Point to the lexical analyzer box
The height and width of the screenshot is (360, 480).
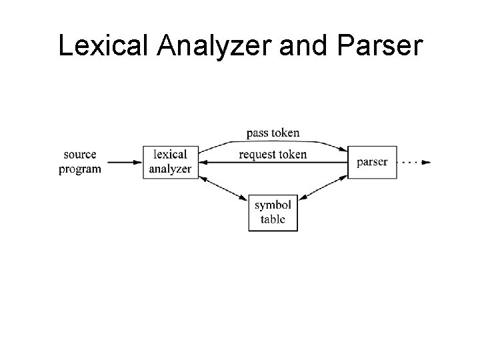click(x=170, y=162)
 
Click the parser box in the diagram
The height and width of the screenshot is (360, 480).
click(x=372, y=162)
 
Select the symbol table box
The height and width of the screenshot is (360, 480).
click(x=273, y=213)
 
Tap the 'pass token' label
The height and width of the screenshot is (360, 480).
click(x=273, y=133)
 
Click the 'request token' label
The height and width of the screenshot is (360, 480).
click(x=273, y=155)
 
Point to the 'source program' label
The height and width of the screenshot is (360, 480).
click(x=80, y=162)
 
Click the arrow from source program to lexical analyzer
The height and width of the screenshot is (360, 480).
click(x=124, y=162)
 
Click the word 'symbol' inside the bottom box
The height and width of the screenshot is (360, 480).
click(x=273, y=206)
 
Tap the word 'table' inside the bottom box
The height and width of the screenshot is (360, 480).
click(x=273, y=219)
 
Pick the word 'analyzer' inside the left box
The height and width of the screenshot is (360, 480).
click(x=170, y=169)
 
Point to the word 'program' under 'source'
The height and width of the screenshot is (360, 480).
click(x=80, y=169)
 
